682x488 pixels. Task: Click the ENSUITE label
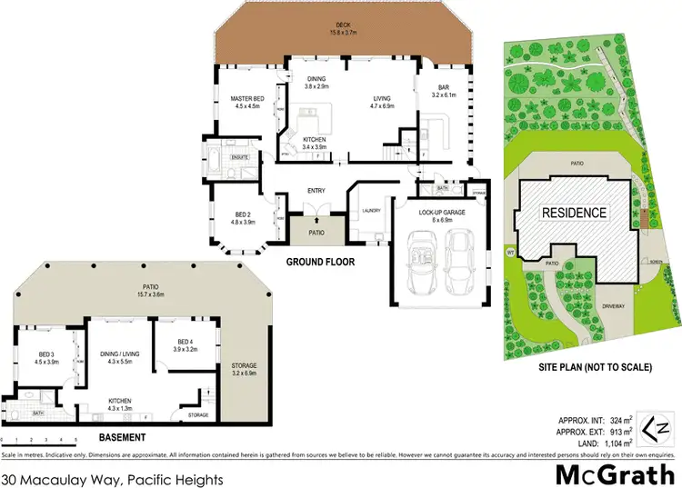[240, 157]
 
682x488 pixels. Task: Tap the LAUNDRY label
[370, 211]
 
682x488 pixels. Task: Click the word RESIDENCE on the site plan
[574, 214]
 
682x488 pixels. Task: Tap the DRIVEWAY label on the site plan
[618, 306]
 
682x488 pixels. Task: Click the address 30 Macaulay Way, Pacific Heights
[100, 476]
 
